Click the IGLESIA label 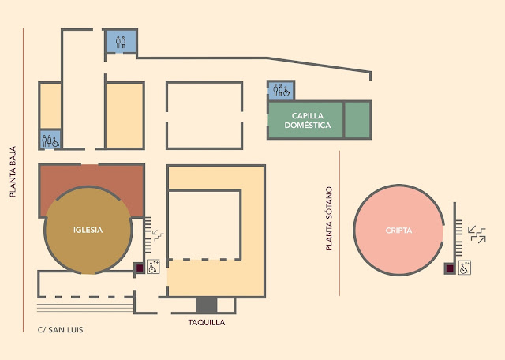click(88, 231)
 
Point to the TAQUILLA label click(207, 323)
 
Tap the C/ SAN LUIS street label click(54, 329)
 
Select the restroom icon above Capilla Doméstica click(280, 91)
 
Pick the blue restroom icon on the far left click(50, 140)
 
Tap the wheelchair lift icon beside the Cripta click(465, 268)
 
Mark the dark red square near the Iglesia click(138, 268)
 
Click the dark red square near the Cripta click(450, 268)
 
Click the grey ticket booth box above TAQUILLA click(206, 305)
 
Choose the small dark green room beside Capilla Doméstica click(357, 120)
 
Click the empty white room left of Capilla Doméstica click(204, 115)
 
